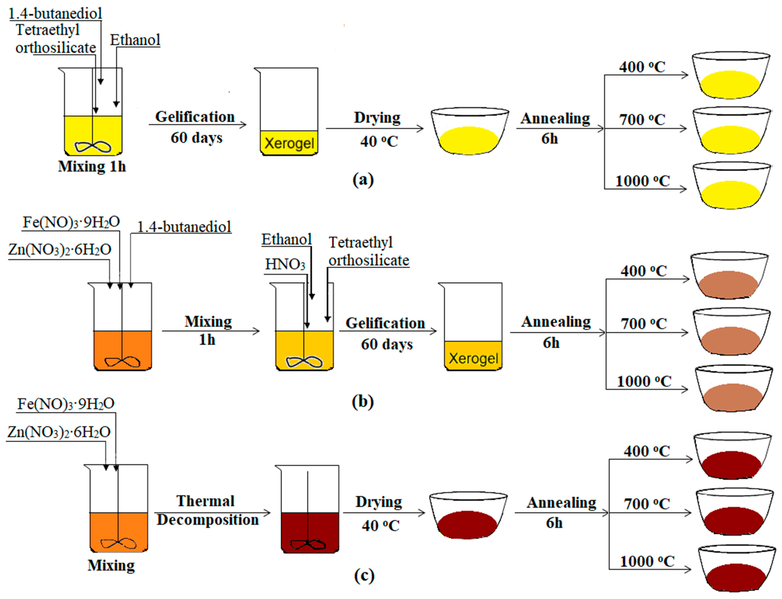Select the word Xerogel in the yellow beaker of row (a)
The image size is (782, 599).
click(289, 143)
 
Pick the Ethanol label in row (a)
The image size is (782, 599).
click(135, 40)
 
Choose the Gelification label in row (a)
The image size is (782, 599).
click(195, 117)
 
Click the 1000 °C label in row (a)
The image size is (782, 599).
click(643, 181)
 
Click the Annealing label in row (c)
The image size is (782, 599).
click(561, 503)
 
